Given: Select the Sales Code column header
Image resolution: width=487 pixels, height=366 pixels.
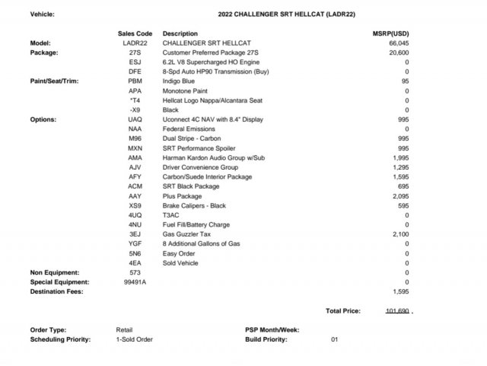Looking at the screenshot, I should [x=135, y=34].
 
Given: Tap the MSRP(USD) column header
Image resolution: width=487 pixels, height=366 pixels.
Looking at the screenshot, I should [x=391, y=34].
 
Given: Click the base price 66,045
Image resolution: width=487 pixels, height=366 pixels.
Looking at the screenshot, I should [x=399, y=43].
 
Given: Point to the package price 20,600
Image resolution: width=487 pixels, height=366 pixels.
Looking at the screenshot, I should [x=399, y=53].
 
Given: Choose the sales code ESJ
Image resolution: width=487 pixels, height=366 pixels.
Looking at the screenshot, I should [x=135, y=62].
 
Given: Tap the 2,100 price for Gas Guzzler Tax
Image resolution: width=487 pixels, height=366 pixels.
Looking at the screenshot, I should [x=400, y=234].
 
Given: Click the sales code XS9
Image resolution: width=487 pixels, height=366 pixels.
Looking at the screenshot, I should [x=135, y=205].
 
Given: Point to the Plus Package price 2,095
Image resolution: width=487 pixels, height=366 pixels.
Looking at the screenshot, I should [x=400, y=196].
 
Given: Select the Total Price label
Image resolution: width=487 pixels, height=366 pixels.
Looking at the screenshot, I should [x=343, y=311].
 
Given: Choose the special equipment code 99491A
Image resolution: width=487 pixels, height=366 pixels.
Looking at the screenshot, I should [x=135, y=282].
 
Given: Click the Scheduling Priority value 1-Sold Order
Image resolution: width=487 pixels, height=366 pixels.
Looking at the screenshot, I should [x=135, y=339].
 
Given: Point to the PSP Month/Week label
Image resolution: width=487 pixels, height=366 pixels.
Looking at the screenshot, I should [x=272, y=329].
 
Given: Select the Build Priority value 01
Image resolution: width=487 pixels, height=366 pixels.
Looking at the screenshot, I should [x=334, y=339].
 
